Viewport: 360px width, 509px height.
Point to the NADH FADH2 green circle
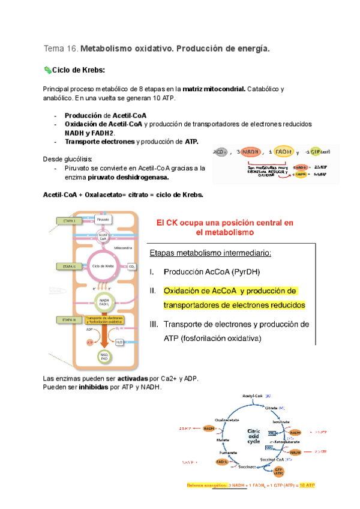point(104,302)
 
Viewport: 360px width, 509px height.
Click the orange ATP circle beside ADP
point(90,342)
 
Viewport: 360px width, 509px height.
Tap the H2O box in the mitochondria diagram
point(119,342)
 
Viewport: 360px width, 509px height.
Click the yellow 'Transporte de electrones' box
point(109,320)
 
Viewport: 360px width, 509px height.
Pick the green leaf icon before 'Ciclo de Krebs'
point(48,71)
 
